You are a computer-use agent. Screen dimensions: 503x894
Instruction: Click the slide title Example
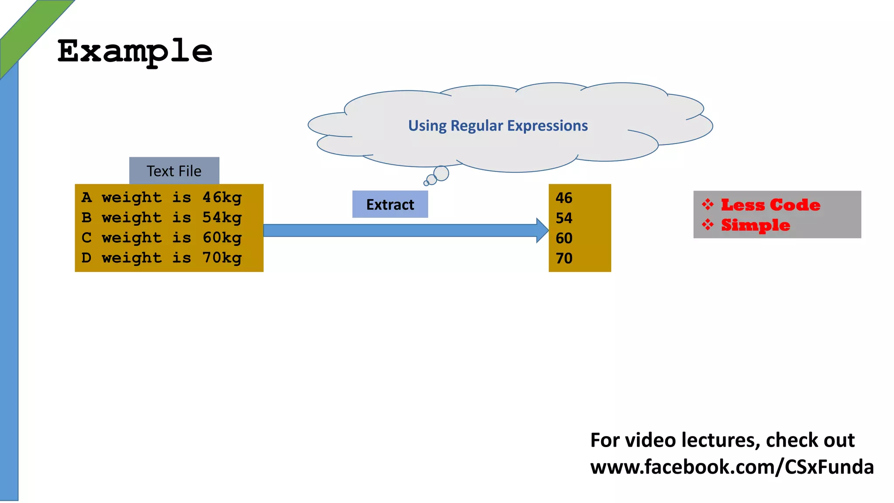pyautogui.click(x=135, y=52)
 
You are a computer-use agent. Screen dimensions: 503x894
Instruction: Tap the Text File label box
pyautogui.click(x=174, y=171)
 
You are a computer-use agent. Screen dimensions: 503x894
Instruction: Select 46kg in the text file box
pyautogui.click(x=222, y=198)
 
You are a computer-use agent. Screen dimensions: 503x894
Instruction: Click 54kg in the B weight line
pyautogui.click(x=222, y=218)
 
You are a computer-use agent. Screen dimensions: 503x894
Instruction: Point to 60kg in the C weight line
pyautogui.click(x=222, y=238)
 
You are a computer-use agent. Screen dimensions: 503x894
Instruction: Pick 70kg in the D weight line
pyautogui.click(x=222, y=258)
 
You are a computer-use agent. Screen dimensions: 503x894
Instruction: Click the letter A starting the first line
pyautogui.click(x=86, y=197)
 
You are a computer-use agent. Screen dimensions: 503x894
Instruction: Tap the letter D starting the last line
pyautogui.click(x=86, y=258)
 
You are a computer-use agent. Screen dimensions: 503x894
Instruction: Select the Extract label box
pyautogui.click(x=390, y=204)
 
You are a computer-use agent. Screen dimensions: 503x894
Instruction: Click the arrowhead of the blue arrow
pyautogui.click(x=542, y=231)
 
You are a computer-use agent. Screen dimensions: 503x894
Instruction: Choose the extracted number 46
pyautogui.click(x=564, y=198)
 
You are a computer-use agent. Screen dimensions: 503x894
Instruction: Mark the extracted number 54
pyautogui.click(x=564, y=218)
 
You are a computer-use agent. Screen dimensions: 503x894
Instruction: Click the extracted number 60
pyautogui.click(x=564, y=238)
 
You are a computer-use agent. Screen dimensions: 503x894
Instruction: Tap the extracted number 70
pyautogui.click(x=564, y=258)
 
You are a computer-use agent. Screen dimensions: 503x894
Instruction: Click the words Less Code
pyautogui.click(x=770, y=205)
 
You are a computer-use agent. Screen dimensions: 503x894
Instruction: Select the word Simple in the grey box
pyautogui.click(x=755, y=225)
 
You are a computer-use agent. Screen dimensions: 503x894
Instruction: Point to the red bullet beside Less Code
pyautogui.click(x=708, y=204)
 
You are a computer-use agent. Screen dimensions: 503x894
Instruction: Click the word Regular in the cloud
pyautogui.click(x=477, y=126)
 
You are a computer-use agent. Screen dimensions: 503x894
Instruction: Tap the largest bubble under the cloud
pyautogui.click(x=441, y=173)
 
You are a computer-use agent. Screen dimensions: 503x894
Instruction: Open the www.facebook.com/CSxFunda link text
pyautogui.click(x=732, y=467)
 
